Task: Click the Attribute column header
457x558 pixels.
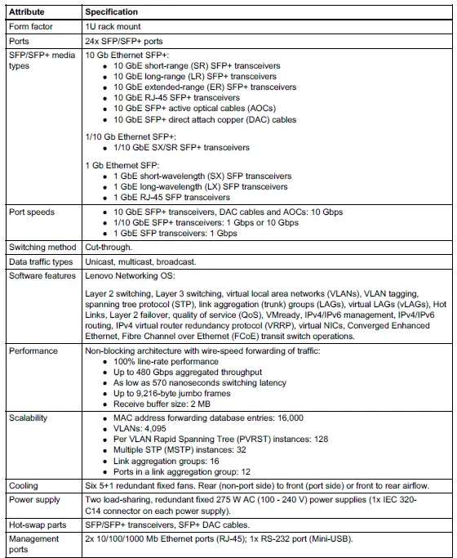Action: [27, 12]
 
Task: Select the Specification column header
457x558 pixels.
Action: [112, 12]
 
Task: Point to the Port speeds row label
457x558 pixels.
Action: [32, 212]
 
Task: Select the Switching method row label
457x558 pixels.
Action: [41, 248]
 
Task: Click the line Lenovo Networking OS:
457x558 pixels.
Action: [131, 276]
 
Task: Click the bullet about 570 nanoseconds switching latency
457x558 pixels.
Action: [200, 382]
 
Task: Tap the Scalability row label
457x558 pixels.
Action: [29, 417]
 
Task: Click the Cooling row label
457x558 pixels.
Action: [22, 485]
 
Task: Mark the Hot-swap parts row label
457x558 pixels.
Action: [37, 525]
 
